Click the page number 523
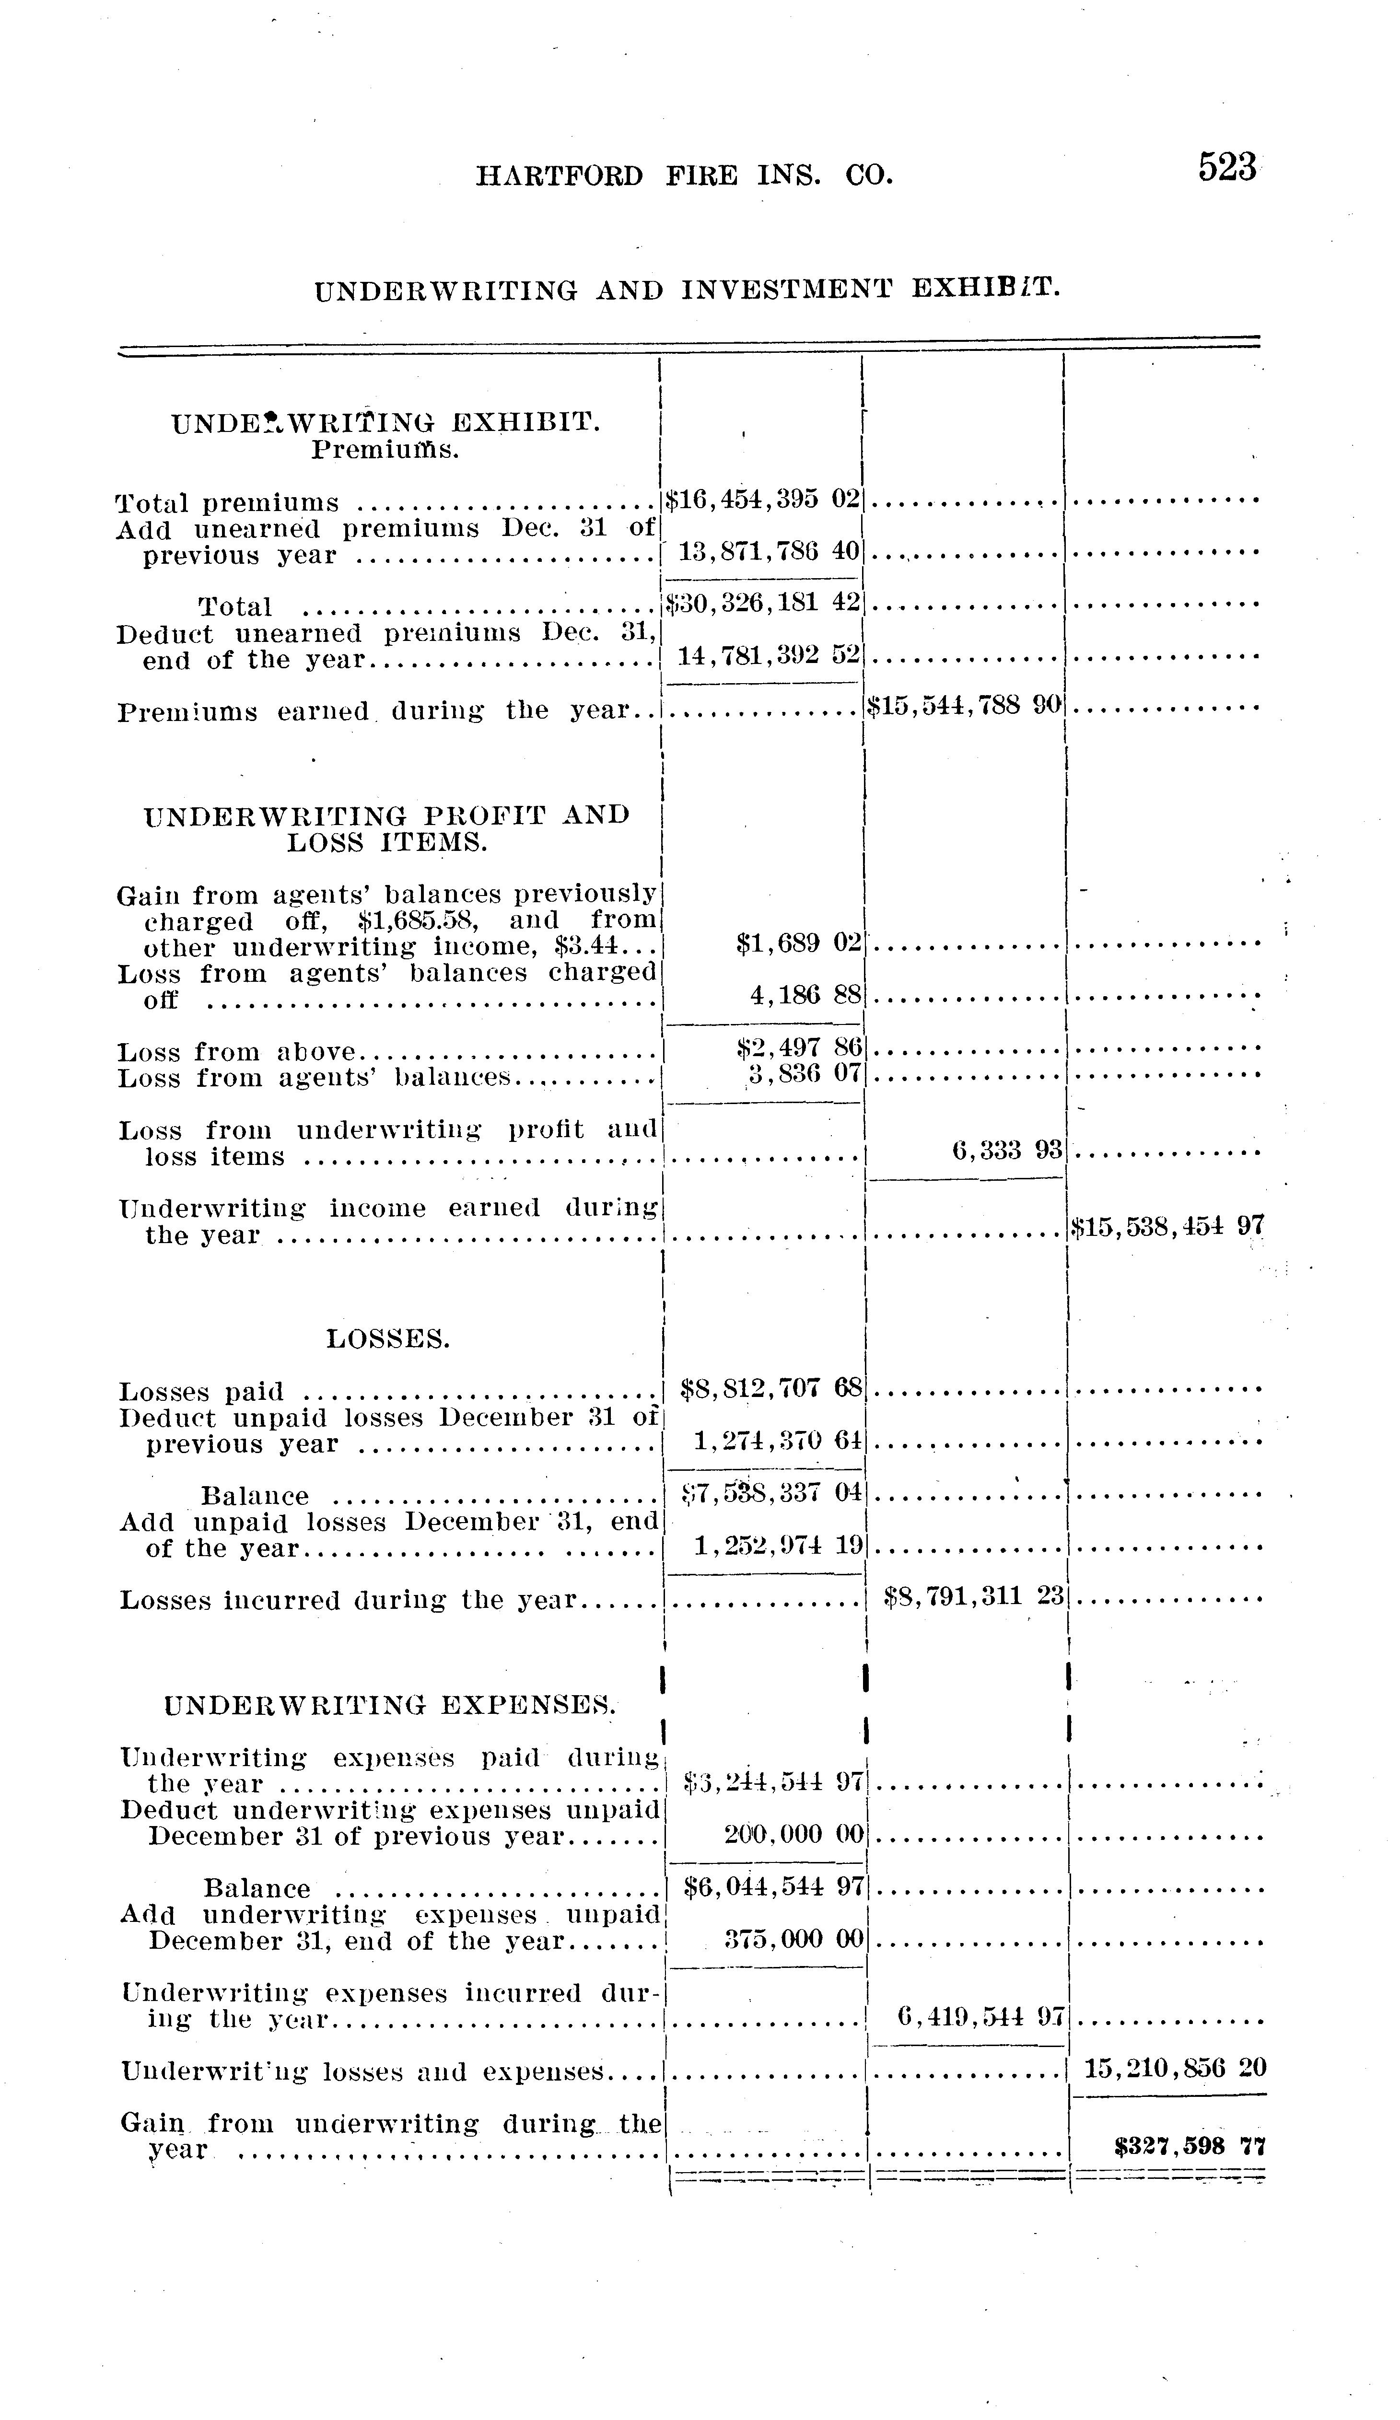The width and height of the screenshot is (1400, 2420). point(1226,168)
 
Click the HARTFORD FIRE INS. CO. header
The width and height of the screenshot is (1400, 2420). point(684,176)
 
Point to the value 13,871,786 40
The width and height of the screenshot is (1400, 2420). point(768,552)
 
